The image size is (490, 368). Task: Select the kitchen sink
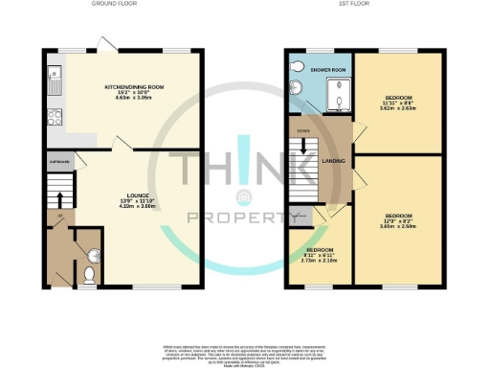(55, 75)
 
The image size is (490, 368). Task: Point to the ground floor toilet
(88, 273)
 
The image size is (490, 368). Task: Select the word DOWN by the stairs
(303, 130)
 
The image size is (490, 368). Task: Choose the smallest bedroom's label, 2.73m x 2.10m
(319, 260)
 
